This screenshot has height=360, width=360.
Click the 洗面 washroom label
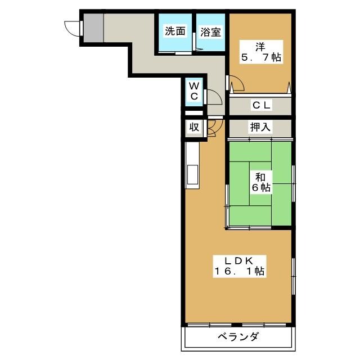point(174,31)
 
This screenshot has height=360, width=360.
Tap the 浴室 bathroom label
point(210,32)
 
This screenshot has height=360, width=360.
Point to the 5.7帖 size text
point(259,57)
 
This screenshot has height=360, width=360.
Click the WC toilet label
point(193,91)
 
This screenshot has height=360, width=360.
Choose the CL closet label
point(261,105)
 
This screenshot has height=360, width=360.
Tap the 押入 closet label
point(260,127)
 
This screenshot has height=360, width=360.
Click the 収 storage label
point(193,127)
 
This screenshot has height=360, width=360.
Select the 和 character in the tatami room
point(259,177)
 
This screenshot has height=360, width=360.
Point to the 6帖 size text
point(259,188)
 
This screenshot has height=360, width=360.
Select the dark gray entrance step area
point(94,27)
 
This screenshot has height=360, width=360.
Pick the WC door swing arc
point(213,96)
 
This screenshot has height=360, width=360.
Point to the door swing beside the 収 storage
point(213,128)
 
